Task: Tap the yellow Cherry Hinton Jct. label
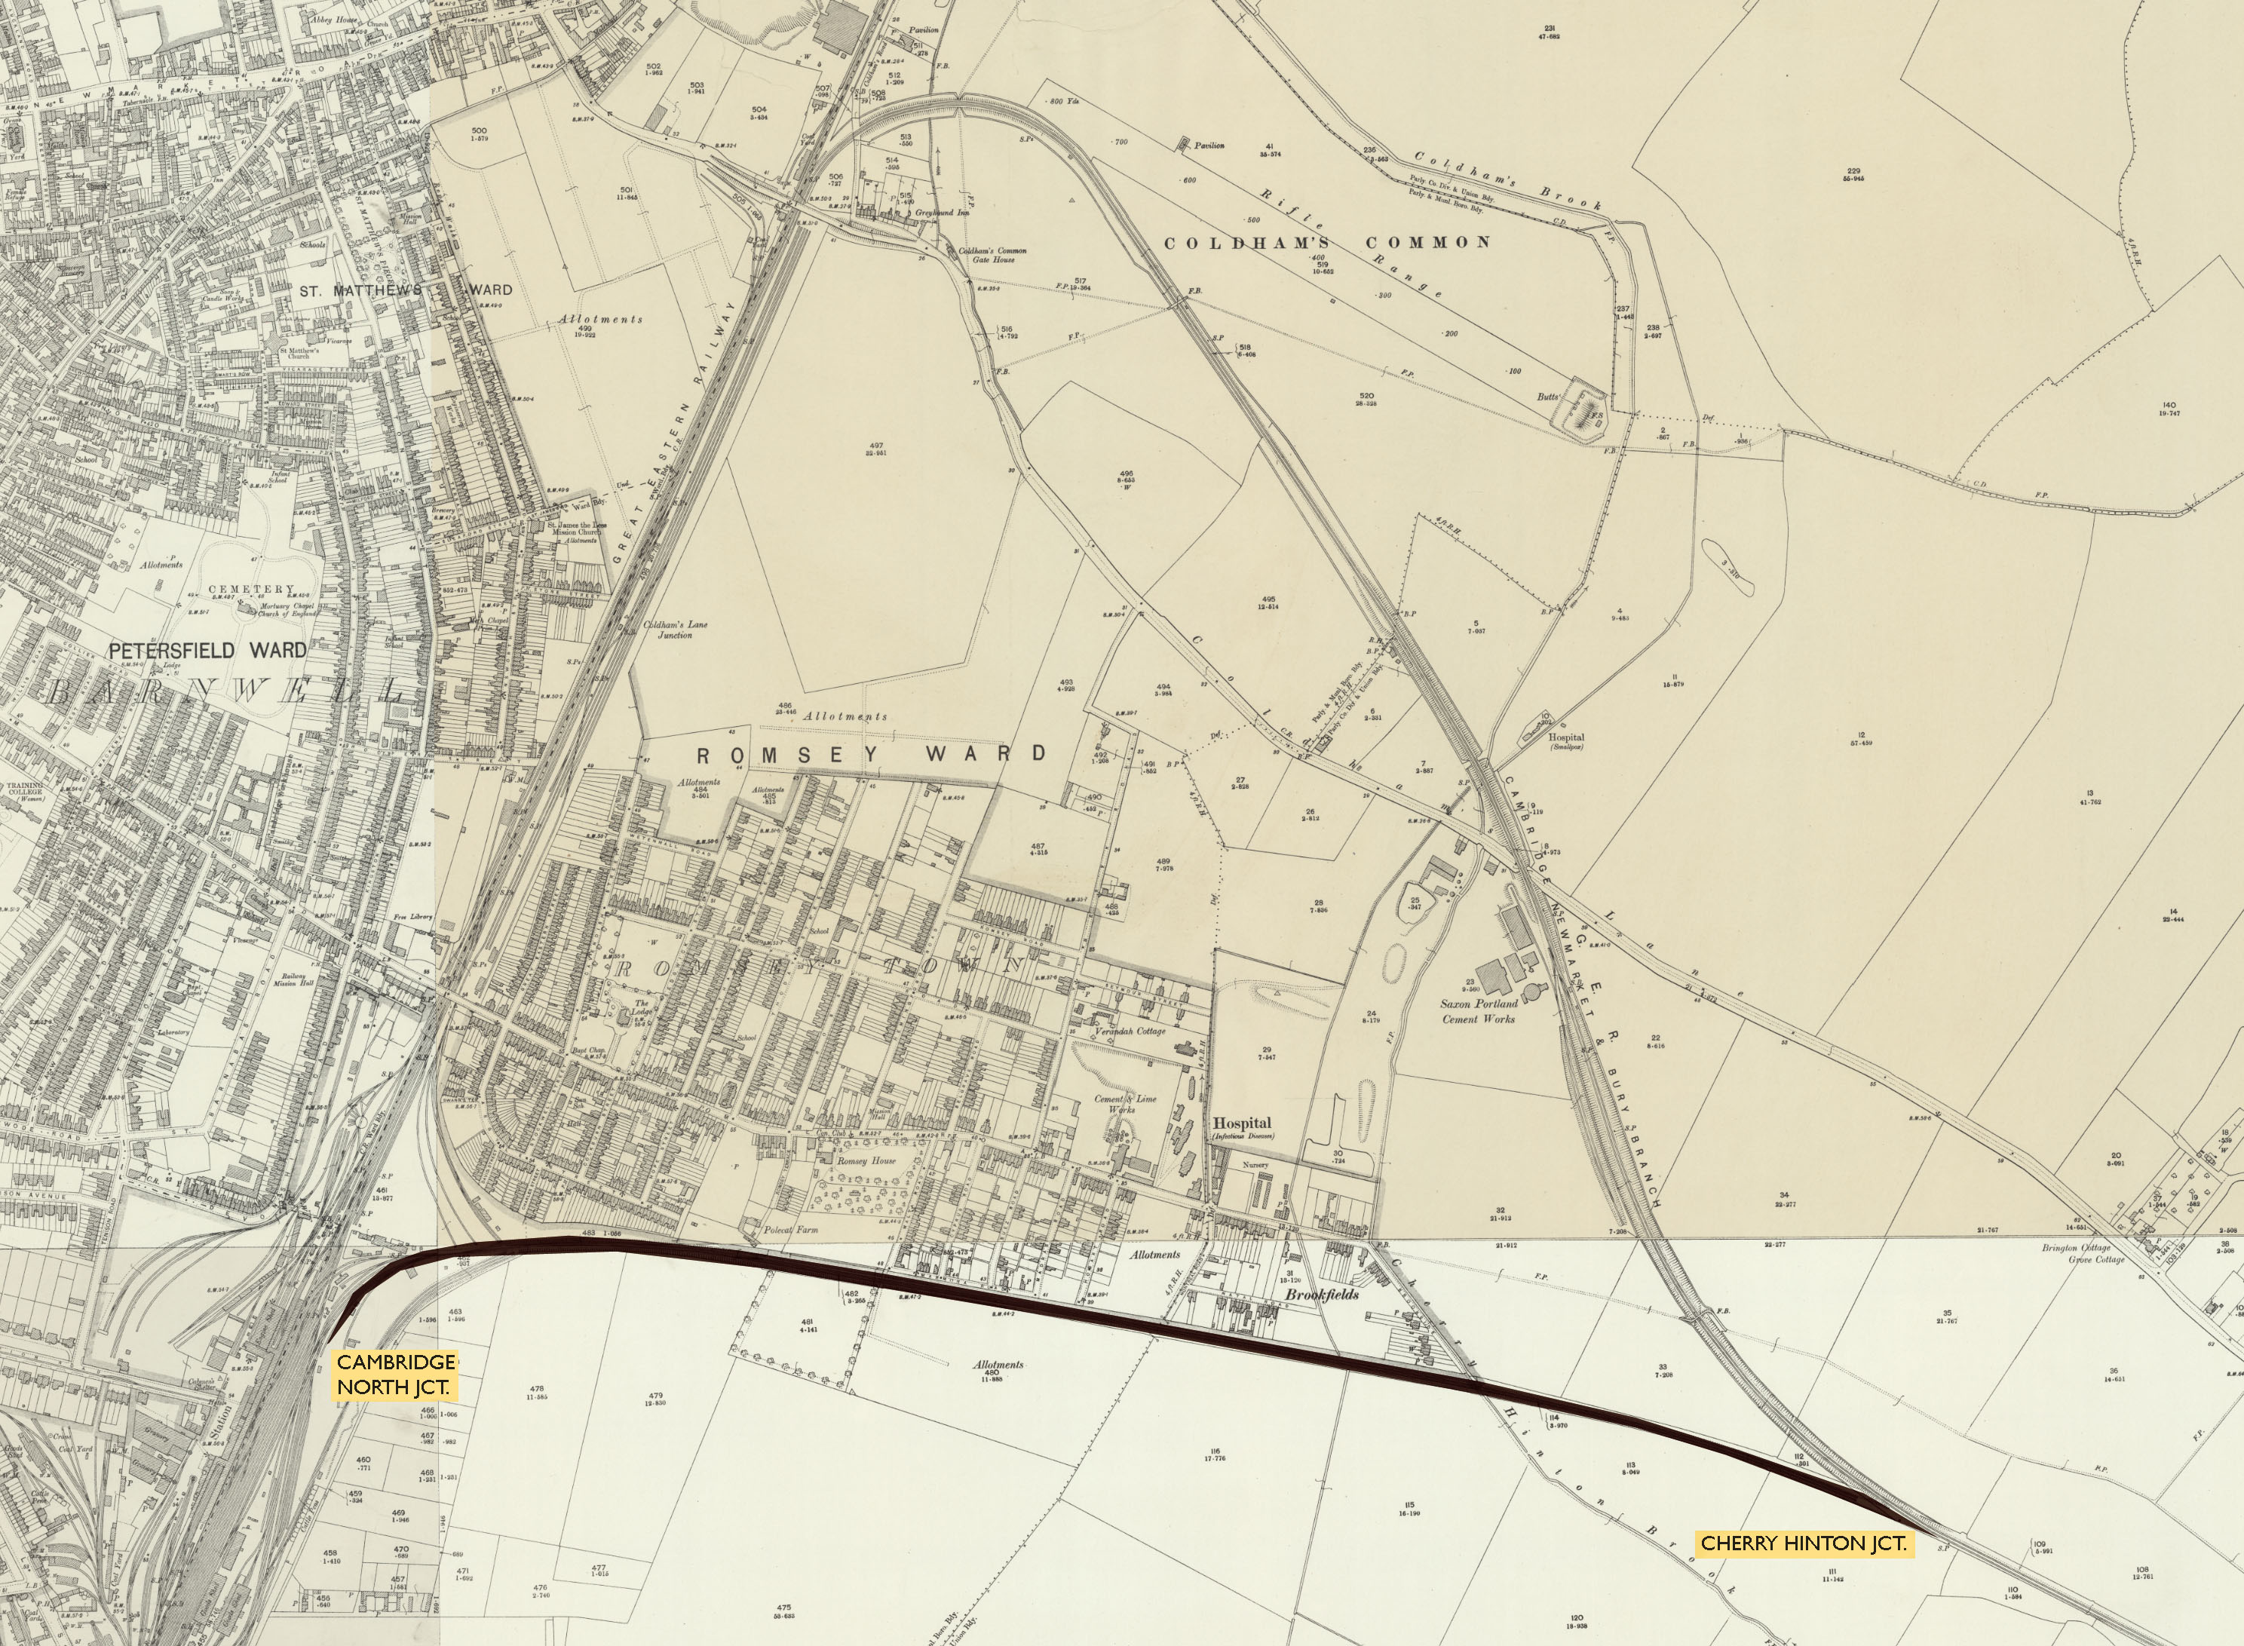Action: [1803, 1543]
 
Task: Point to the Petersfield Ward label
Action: [207, 651]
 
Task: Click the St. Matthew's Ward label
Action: [406, 291]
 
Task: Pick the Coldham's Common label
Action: [1327, 242]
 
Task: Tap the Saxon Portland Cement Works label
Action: [1479, 1010]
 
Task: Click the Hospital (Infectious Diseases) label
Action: [1242, 1127]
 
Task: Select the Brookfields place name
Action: [1321, 1295]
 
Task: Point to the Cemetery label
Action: [252, 589]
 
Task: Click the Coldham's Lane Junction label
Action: [675, 629]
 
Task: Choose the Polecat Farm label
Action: [790, 1230]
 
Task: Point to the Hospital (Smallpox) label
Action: [1565, 741]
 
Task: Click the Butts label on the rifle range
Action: [1547, 397]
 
